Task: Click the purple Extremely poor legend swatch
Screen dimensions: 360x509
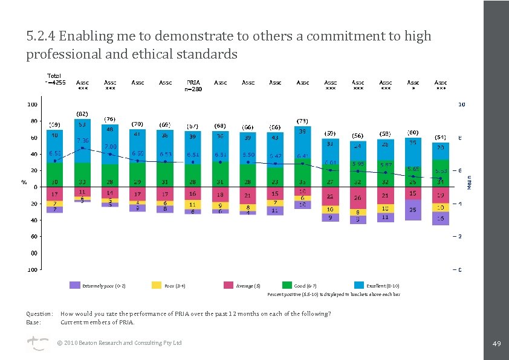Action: (75, 285)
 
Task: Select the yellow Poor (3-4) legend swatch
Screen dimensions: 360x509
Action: (157, 285)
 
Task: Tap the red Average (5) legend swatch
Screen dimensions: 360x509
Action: (229, 285)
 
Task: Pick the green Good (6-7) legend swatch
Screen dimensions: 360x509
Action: (287, 285)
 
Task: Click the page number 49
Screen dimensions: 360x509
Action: (497, 343)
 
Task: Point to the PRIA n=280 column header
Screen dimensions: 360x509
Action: (193, 85)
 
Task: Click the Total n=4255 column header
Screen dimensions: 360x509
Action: (55, 79)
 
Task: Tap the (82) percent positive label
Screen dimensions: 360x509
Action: (82, 114)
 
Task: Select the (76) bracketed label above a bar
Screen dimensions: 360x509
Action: (110, 118)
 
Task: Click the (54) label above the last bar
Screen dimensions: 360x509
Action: (441, 137)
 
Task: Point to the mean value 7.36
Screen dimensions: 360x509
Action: (82, 140)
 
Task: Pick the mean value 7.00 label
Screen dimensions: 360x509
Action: (110, 147)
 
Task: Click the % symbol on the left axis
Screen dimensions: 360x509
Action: (25, 182)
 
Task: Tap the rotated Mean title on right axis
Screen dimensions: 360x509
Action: (470, 182)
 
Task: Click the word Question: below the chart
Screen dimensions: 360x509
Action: (39, 314)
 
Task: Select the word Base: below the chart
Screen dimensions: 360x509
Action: (33, 322)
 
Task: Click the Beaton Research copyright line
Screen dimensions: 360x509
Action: (119, 343)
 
